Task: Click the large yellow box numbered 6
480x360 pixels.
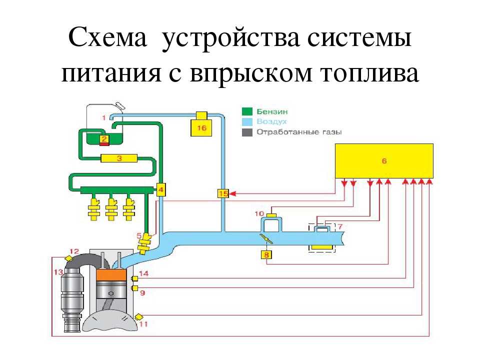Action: click(383, 160)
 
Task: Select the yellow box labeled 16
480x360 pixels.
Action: click(201, 127)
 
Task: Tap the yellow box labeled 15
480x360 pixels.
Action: click(223, 193)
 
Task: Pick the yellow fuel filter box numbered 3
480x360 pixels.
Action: click(119, 158)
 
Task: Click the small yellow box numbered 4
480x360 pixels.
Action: click(161, 189)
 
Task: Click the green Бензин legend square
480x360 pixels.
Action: click(247, 111)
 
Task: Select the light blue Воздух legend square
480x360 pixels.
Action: click(247, 121)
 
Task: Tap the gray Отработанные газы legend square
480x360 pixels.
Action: click(247, 132)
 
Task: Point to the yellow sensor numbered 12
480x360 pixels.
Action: click(70, 258)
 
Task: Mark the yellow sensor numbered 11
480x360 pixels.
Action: click(138, 316)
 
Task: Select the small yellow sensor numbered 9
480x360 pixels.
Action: click(134, 288)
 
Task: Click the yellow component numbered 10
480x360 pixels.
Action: click(271, 215)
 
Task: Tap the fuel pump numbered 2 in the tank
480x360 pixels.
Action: click(104, 139)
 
